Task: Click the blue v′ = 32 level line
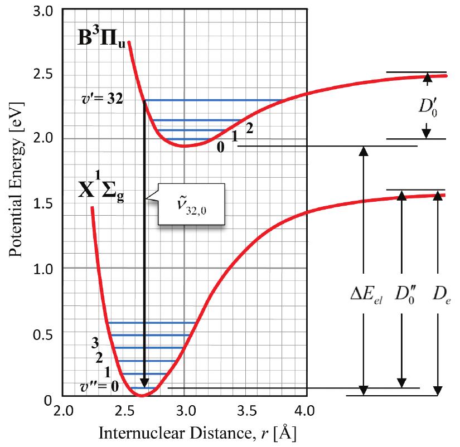212,100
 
